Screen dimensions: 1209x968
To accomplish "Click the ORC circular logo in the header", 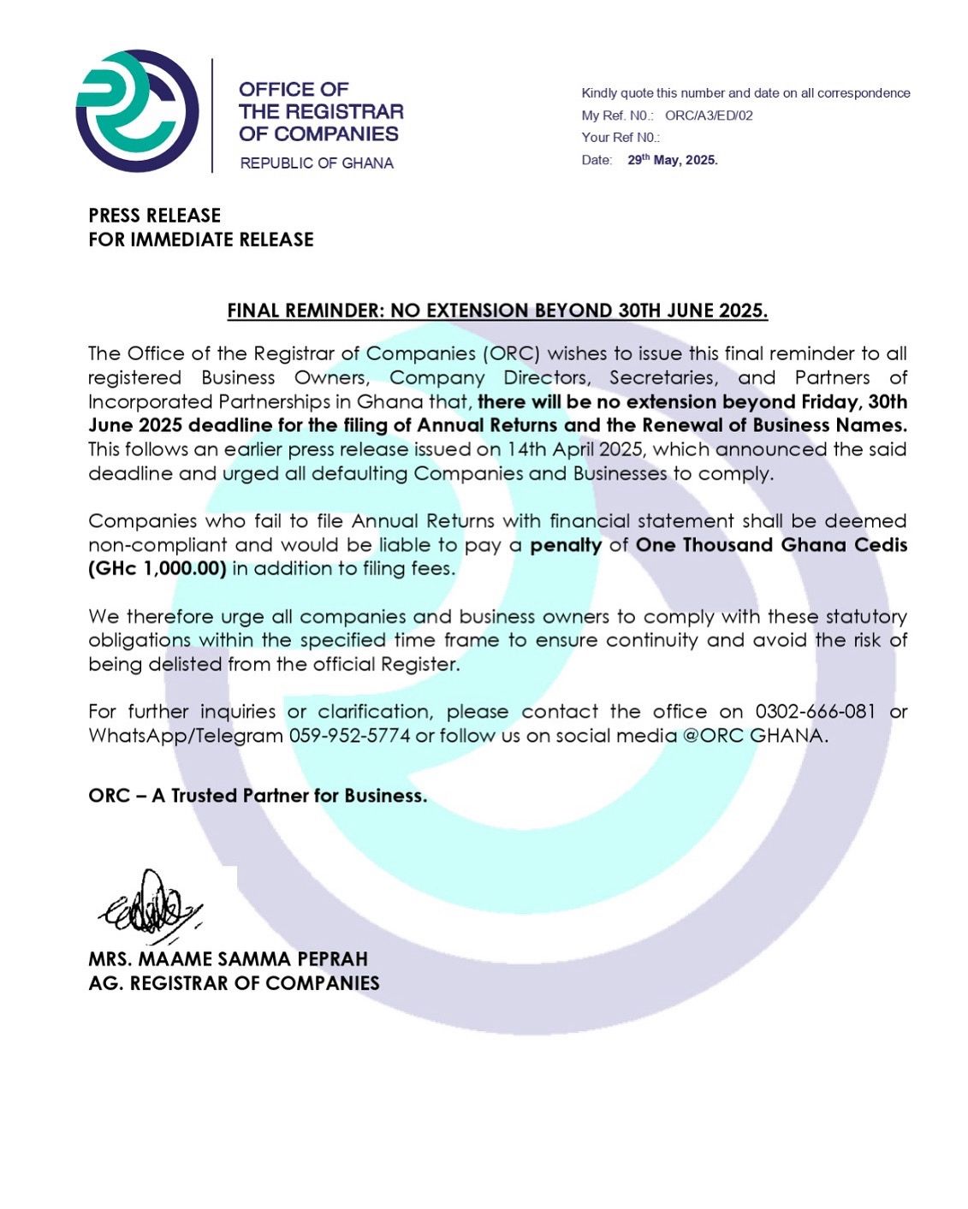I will [137, 111].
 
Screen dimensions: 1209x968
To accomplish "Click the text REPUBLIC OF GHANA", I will [317, 163].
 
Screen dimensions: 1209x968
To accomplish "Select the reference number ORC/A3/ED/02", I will [709, 116].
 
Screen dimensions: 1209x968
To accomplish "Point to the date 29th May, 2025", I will [673, 160].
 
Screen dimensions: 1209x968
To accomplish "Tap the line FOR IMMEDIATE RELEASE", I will [201, 240].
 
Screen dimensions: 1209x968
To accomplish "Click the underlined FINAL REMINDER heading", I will [497, 311].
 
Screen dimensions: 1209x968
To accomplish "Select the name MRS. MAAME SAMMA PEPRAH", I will [228, 959].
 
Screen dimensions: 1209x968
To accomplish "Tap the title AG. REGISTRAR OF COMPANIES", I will [234, 983].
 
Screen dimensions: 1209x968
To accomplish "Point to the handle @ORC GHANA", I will [753, 736].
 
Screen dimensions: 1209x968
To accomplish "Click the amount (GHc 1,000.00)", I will [157, 569].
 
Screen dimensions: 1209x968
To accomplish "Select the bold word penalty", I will [566, 545].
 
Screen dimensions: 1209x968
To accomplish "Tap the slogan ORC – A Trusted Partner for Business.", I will [258, 796].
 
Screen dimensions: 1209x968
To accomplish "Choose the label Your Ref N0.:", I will [621, 138].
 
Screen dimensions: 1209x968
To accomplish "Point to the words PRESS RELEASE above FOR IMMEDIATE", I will [155, 216].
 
